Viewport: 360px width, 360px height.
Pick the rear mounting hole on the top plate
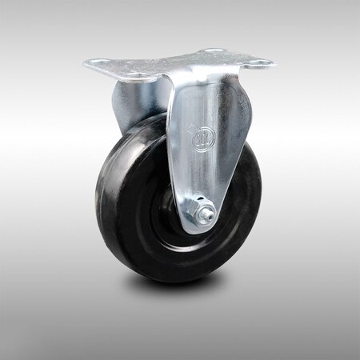[x=212, y=51]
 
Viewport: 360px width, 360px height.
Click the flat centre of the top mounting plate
[x=180, y=64]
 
